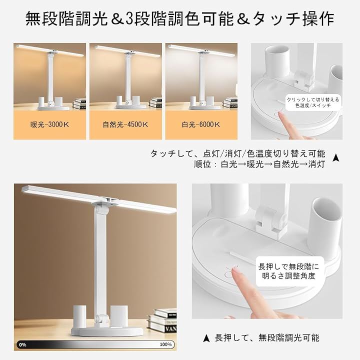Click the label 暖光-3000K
pos(49,124)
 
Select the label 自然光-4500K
pos(125,124)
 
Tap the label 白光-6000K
pos(201,124)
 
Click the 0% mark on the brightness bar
pos(22,344)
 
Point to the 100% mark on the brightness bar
pos(165,344)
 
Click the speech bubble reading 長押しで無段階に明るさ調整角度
pos(289,271)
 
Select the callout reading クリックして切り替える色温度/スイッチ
pos(312,102)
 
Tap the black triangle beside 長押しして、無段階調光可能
pos(206,338)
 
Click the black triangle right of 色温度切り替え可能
pos(336,157)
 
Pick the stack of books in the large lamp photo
pos(162,320)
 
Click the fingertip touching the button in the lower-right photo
pos(234,271)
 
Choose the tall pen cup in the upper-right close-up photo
pos(276,61)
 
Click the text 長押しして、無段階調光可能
pos(267,338)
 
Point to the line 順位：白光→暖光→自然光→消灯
pos(259,164)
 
